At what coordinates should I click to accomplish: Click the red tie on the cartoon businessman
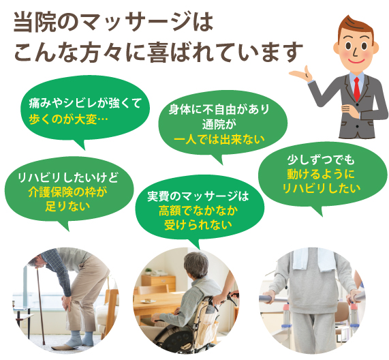tap(356, 89)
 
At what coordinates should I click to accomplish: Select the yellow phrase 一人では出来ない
tap(219, 140)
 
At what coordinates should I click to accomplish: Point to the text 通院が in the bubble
tap(218, 125)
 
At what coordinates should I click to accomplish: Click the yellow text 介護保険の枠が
tap(67, 192)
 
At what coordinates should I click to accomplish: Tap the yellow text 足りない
tap(67, 207)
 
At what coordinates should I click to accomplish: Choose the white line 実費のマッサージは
tap(198, 196)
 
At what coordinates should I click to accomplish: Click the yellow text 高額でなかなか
tap(198, 211)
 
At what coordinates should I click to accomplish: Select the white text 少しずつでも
tap(322, 160)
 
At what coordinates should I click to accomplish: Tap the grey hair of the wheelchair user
tap(196, 265)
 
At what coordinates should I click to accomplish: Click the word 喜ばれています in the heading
tap(225, 52)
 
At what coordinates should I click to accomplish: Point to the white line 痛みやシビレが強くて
tap(85, 103)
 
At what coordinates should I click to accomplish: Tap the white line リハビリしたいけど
tap(67, 177)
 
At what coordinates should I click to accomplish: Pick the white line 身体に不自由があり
tap(219, 109)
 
